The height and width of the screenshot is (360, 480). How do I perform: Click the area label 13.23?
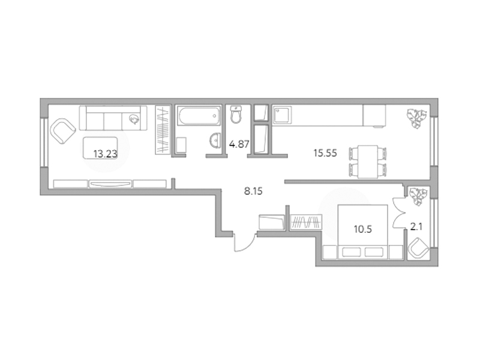106,154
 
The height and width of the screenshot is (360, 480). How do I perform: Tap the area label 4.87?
239,144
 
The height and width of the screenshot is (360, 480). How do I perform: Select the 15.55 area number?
325,153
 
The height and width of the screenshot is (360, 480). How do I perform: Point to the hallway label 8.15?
253,191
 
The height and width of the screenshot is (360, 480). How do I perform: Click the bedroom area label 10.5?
363,229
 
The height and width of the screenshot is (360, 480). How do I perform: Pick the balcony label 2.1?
416,227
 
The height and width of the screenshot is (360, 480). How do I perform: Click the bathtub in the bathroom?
199,115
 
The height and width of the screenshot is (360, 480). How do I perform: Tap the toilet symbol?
236,114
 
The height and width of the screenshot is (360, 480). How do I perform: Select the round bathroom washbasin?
215,141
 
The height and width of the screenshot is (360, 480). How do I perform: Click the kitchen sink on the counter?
281,115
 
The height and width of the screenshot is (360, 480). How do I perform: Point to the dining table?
368,161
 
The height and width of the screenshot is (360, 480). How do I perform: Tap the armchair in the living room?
63,131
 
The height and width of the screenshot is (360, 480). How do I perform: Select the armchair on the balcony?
418,248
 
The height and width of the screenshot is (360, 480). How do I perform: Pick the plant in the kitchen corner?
416,118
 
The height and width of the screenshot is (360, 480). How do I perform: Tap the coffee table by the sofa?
100,148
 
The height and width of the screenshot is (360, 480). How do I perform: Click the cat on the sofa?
134,119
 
